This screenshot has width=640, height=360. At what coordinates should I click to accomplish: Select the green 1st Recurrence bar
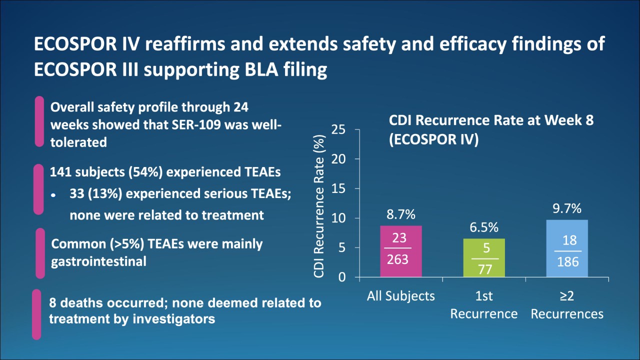[x=484, y=257]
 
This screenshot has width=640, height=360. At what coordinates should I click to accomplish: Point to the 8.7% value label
[x=401, y=215]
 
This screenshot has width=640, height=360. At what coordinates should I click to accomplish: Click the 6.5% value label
[x=484, y=227]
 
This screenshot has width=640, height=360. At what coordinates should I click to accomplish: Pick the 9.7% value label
[x=567, y=209]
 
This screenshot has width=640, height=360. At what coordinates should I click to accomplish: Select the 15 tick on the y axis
[x=338, y=189]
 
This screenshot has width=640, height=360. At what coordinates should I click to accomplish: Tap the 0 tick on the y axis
[x=342, y=277]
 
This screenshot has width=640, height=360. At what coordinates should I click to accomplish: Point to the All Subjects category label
[x=401, y=296]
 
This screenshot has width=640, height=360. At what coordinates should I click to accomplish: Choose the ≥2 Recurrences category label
[x=567, y=305]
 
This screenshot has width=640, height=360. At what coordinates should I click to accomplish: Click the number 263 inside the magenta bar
[x=398, y=259]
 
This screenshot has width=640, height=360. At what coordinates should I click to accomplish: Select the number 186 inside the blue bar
[x=568, y=261]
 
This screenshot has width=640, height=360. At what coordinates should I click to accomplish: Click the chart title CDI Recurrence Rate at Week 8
[x=491, y=121]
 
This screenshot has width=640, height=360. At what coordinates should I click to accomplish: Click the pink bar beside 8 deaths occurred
[x=36, y=314]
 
